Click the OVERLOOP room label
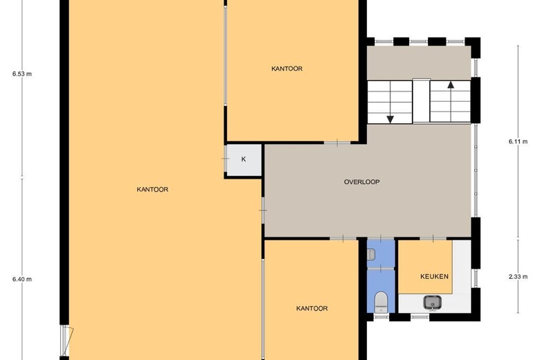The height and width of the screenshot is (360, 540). point(361,181)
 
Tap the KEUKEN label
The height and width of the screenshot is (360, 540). point(434,276)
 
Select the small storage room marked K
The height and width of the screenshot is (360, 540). point(244,159)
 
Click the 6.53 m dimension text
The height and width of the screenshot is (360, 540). point(22,73)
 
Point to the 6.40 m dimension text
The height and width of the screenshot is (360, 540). point(22,279)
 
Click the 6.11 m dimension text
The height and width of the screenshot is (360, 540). point(518,141)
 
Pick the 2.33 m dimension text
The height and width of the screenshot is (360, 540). point(518,276)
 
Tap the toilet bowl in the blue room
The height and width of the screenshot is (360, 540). point(381,301)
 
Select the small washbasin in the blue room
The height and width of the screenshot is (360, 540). point(371,255)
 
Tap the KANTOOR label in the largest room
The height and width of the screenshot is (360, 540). point(152,189)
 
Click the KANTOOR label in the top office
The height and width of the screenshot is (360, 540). point(287,69)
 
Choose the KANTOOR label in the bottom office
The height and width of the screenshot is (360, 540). point(312,308)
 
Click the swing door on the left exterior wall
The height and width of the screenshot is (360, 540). point(67,341)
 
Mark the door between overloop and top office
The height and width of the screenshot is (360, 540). point(338,143)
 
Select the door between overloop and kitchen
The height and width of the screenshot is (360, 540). point(433,238)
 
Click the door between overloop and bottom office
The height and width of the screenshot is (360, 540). point(343,238)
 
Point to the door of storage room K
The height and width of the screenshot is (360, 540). point(226,159)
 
